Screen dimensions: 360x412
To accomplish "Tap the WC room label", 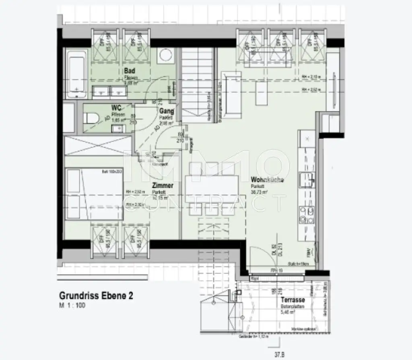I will (117, 108).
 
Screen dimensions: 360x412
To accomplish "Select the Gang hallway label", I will (167, 111).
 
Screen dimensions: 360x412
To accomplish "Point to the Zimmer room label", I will (162, 186).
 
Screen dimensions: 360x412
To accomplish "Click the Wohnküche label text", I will (267, 180).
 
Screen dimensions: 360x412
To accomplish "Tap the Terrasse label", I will (293, 300).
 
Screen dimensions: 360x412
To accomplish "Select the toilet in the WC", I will (90, 118).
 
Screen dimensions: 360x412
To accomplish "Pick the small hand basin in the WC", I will (118, 128).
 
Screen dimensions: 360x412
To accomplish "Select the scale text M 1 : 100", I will (73, 306).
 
